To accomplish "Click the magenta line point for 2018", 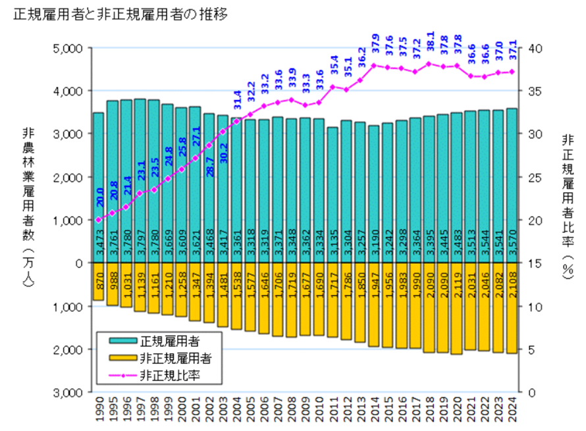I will click(429, 64).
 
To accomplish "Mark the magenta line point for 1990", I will click(98, 220).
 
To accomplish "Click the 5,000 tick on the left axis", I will click(65, 48).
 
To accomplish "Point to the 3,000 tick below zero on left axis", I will click(65, 392).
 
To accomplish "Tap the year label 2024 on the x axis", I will click(511, 411).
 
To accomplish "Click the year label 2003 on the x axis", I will click(223, 411).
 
